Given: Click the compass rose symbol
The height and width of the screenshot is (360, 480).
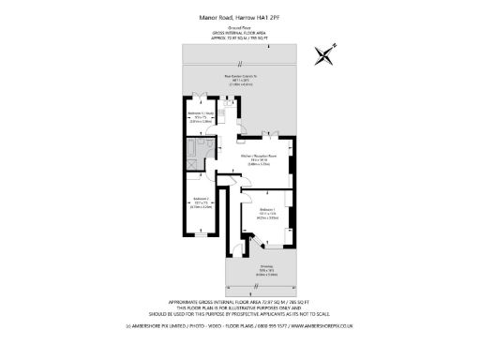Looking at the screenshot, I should pos(325,56).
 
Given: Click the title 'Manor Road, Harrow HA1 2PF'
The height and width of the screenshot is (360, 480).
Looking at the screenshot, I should pos(239,16).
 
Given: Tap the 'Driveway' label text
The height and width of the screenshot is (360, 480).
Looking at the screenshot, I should pos(265,266).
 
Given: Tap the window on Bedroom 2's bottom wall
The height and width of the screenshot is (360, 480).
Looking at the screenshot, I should pos(199,235).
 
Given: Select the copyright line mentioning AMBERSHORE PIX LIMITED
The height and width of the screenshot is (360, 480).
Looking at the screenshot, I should pos(239,325).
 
